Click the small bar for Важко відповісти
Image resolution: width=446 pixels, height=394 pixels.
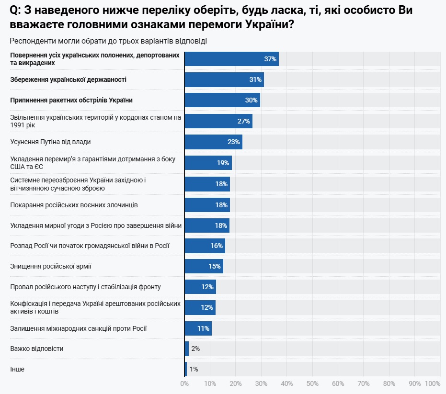[187, 349]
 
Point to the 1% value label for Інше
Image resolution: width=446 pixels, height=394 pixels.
[194, 369]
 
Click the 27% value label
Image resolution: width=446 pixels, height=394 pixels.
[244, 121]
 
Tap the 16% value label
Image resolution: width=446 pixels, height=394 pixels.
[217, 246]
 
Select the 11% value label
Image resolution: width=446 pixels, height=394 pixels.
[203, 328]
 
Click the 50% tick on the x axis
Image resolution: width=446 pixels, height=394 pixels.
[312, 383]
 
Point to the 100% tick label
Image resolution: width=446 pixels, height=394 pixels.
[433, 383]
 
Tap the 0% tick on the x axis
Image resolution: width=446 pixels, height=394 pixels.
[184, 383]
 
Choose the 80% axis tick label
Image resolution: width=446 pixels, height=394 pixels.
[389, 383]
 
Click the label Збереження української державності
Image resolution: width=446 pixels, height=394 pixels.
[69, 79]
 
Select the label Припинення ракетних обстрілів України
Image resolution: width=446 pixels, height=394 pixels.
[71, 100]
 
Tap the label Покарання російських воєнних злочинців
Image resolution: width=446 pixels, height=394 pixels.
[74, 205]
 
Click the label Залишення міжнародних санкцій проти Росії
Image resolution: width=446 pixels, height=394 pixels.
[79, 328]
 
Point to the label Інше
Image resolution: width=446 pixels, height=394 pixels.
[17, 369]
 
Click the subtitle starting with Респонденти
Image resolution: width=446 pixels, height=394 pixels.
[108, 41]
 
